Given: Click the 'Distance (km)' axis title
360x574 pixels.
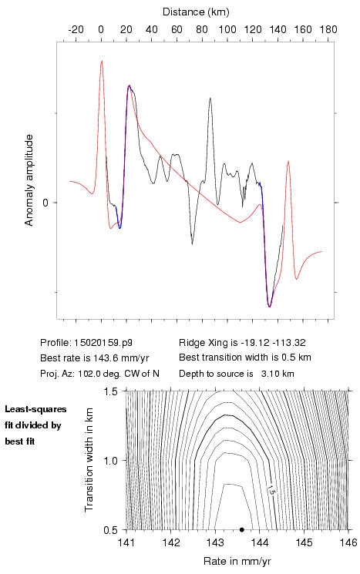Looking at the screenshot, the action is pyautogui.click(x=196, y=12).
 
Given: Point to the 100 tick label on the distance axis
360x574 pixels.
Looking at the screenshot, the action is pyautogui.click(x=227, y=29).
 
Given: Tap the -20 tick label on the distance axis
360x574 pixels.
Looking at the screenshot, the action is pyautogui.click(x=76, y=29).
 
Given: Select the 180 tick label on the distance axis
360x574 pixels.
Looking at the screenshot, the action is pyautogui.click(x=328, y=29).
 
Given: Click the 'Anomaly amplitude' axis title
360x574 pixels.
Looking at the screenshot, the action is pyautogui.click(x=29, y=180).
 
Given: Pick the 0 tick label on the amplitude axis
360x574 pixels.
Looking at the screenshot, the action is pyautogui.click(x=45, y=203).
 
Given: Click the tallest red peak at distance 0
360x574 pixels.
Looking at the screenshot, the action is pyautogui.click(x=102, y=61).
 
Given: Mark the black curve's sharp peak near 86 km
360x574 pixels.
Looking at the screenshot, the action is pyautogui.click(x=210, y=98).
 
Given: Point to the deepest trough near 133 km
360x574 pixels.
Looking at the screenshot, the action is pyautogui.click(x=269, y=306).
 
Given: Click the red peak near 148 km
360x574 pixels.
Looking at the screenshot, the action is pyautogui.click(x=288, y=161).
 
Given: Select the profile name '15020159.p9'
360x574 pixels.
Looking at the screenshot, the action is pyautogui.click(x=103, y=343).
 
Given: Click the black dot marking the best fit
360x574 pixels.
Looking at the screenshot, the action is pyautogui.click(x=242, y=529).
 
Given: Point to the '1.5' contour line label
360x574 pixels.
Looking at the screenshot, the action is pyautogui.click(x=271, y=490).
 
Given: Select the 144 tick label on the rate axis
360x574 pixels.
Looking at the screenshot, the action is pyautogui.click(x=260, y=542).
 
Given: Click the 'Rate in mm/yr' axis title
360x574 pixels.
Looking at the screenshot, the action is pyautogui.click(x=237, y=561).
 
